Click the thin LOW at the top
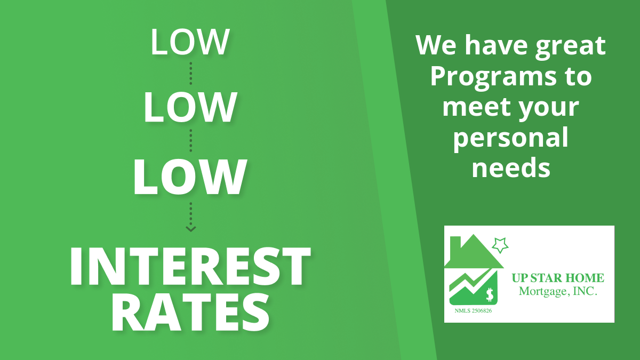coord(190,42)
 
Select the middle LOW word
coord(190,107)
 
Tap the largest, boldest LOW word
coord(190,177)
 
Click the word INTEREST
coord(190,266)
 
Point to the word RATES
coord(190,313)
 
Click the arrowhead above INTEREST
coord(190,229)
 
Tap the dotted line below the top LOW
coord(190,74)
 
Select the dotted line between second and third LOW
coord(190,141)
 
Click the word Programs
coord(493,78)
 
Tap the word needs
coord(511,168)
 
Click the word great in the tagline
coord(570,46)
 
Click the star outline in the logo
coord(500,245)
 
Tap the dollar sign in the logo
coord(490,294)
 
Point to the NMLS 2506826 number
coord(473,311)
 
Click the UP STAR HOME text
coord(558,278)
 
